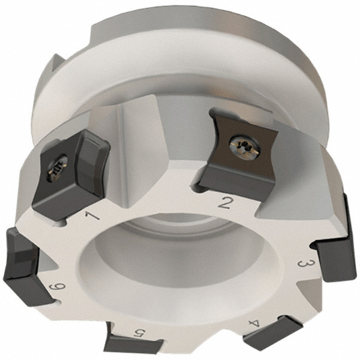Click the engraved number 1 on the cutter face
click(92, 214)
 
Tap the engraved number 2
click(224, 202)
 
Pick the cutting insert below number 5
click(133, 345)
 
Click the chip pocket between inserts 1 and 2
click(150, 150)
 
